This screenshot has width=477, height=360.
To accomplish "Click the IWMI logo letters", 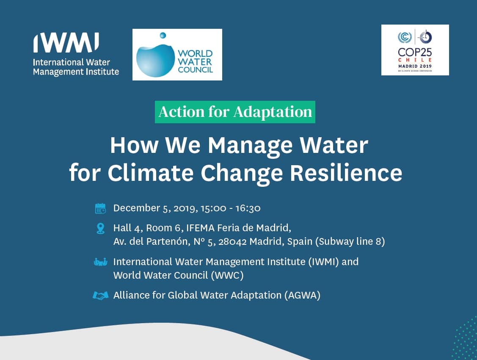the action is pos(66,43).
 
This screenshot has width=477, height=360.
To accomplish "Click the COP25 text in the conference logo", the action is pos(415,52).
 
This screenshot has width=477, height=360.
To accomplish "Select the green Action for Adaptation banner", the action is pos(235,112).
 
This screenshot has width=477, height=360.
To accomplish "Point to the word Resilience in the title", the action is pos(346,173).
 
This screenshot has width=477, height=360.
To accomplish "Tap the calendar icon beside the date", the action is pos(100,208).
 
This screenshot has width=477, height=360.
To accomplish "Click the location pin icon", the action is pos(100,229).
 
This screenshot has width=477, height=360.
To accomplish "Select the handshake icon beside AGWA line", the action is pos(100,296).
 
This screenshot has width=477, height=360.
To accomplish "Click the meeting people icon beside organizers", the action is pos(100,262).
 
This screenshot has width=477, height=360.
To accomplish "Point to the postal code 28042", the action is pos(232,241).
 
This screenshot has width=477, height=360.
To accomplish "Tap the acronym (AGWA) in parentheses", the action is pos(302,295).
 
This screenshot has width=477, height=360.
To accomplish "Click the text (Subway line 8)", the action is pos(350,241).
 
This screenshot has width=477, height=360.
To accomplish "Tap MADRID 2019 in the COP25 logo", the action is pos(415,66).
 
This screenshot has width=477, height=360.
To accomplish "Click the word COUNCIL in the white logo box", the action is pos(195,70).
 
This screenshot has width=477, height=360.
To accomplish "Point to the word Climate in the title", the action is pos(150,173).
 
